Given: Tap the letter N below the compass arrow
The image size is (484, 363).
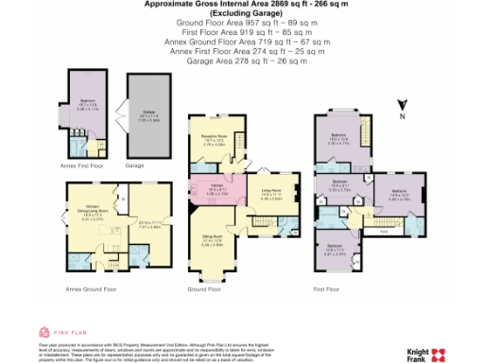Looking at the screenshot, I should pyautogui.click(x=402, y=117).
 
